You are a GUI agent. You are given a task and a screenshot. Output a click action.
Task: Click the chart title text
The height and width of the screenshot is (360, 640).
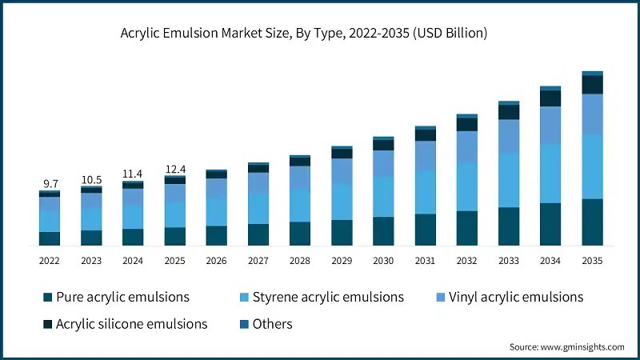pos(303,34)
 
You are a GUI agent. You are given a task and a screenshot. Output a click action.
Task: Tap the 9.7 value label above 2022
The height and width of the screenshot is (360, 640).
pos(50,184)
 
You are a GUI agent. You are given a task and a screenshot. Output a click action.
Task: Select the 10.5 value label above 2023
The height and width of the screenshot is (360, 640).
pos(91,179)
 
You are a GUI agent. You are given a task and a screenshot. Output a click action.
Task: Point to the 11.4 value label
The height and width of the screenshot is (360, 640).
pos(133,174)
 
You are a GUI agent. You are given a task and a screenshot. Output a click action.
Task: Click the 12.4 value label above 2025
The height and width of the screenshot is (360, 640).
pos(174,169)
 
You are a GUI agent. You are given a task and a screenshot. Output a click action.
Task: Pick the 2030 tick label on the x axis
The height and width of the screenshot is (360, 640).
pos(383,261)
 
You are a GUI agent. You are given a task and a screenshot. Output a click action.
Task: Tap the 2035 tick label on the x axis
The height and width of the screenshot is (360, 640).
pos(592,261)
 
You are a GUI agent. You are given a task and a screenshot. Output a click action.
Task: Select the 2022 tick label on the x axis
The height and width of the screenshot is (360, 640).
pos(50,261)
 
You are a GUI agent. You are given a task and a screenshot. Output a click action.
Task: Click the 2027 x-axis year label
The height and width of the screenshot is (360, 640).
pos(258,261)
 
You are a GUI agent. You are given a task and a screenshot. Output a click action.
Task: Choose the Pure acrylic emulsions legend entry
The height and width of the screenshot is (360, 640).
pos(116,298)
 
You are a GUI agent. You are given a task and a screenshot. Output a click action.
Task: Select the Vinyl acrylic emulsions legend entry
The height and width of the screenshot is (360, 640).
pos(509,298)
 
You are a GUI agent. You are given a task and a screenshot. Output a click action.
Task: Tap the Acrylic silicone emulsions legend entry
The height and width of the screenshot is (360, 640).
pos(126,324)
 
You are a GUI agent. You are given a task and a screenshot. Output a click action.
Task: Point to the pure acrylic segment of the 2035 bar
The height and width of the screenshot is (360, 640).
pos(592,222)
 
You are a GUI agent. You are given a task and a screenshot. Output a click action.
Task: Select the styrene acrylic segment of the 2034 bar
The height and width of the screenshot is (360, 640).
pos(550,174)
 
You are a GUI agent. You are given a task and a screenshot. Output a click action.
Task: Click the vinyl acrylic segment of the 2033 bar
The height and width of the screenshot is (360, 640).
pos(509,137)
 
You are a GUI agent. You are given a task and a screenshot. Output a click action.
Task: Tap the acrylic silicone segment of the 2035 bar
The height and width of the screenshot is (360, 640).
pos(592,85)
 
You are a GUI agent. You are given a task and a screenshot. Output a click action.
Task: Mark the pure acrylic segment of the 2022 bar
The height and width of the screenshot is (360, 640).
pos(50,238)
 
